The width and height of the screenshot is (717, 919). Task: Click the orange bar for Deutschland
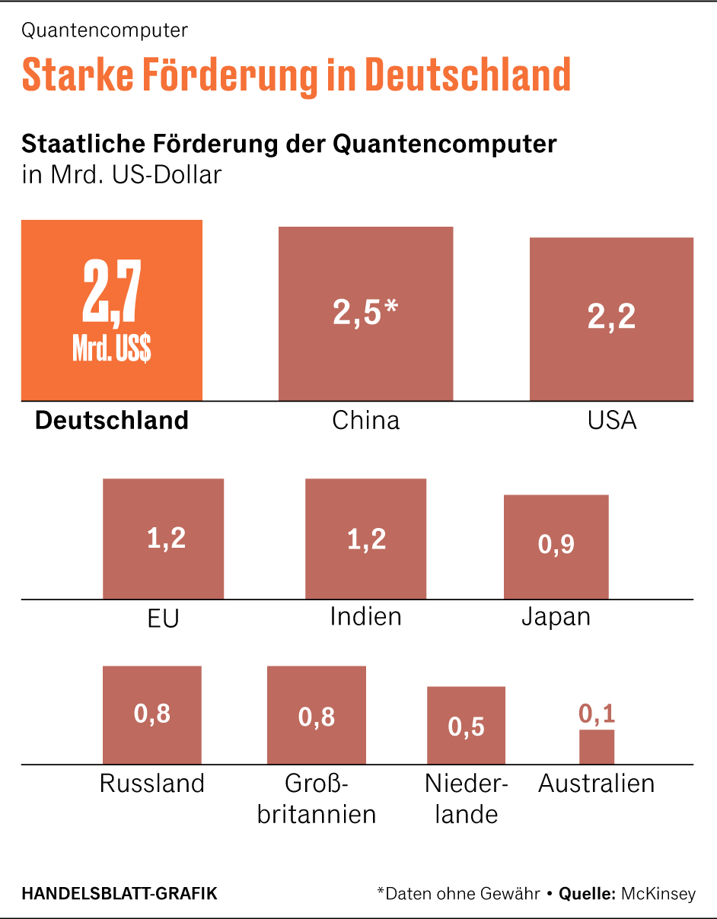[x=111, y=310]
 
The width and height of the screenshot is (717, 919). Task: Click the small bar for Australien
[x=597, y=747]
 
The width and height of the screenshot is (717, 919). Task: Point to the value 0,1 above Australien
[x=597, y=714]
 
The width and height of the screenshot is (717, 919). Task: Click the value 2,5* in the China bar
[x=365, y=313]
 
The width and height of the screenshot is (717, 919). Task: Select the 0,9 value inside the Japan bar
[x=556, y=545]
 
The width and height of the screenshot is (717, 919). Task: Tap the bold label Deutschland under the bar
[x=112, y=421]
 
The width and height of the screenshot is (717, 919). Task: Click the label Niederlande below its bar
[x=466, y=799]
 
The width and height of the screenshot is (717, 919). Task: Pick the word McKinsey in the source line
[x=658, y=894]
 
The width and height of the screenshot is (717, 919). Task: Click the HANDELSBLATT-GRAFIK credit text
[x=120, y=894]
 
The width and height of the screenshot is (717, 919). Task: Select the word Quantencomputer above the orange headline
[x=105, y=31]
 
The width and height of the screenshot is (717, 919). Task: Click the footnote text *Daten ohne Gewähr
[x=458, y=894]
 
